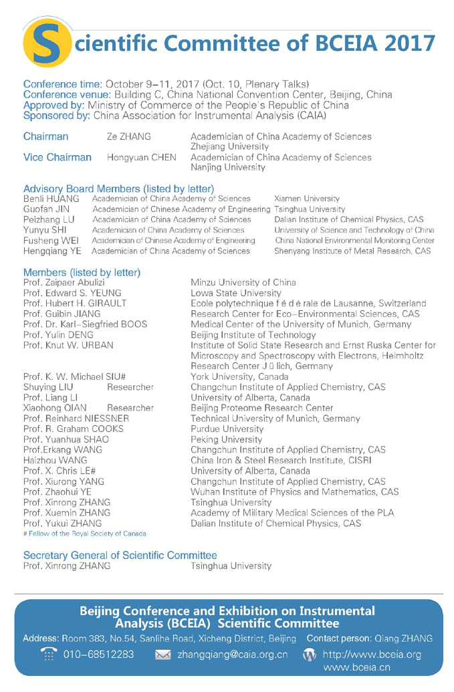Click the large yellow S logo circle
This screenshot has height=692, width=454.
click(46, 44)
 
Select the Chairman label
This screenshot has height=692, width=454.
click(45, 136)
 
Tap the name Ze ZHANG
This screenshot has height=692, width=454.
click(129, 137)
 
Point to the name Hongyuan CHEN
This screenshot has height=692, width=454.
click(142, 158)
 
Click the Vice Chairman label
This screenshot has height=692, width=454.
click(57, 158)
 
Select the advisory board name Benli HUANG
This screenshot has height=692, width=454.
click(51, 199)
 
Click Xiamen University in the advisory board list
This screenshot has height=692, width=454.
click(306, 199)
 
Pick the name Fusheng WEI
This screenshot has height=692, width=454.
click(51, 241)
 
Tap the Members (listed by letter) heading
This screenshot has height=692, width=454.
click(82, 272)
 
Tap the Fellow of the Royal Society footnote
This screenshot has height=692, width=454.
click(84, 533)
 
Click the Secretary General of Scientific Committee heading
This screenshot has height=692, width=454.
click(120, 555)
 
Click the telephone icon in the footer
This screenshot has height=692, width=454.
click(49, 654)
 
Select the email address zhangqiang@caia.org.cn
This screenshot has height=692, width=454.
click(232, 655)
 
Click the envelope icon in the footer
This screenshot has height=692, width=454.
click(163, 655)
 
